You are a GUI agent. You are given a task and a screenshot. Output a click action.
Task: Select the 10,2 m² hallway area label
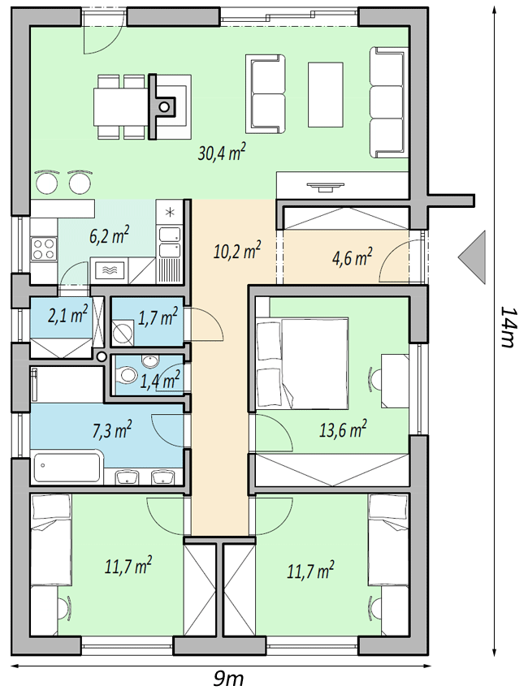(237, 252)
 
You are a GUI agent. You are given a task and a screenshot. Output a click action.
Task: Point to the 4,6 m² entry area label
(352, 257)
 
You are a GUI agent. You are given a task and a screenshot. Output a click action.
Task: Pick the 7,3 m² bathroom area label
(112, 429)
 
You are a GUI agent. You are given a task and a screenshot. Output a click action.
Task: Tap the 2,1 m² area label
(67, 315)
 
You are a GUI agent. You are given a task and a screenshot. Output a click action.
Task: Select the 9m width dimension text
(228, 679)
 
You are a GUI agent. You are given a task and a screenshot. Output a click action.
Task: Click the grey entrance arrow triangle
(472, 257)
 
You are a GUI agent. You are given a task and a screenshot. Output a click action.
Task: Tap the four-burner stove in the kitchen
(44, 249)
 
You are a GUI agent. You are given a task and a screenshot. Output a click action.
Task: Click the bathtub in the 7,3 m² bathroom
(67, 468)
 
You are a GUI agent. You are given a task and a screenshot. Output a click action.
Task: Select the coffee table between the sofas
(326, 94)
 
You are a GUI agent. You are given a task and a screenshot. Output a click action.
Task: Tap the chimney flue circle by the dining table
(164, 106)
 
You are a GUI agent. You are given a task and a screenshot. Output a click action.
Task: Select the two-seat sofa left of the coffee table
(265, 93)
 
